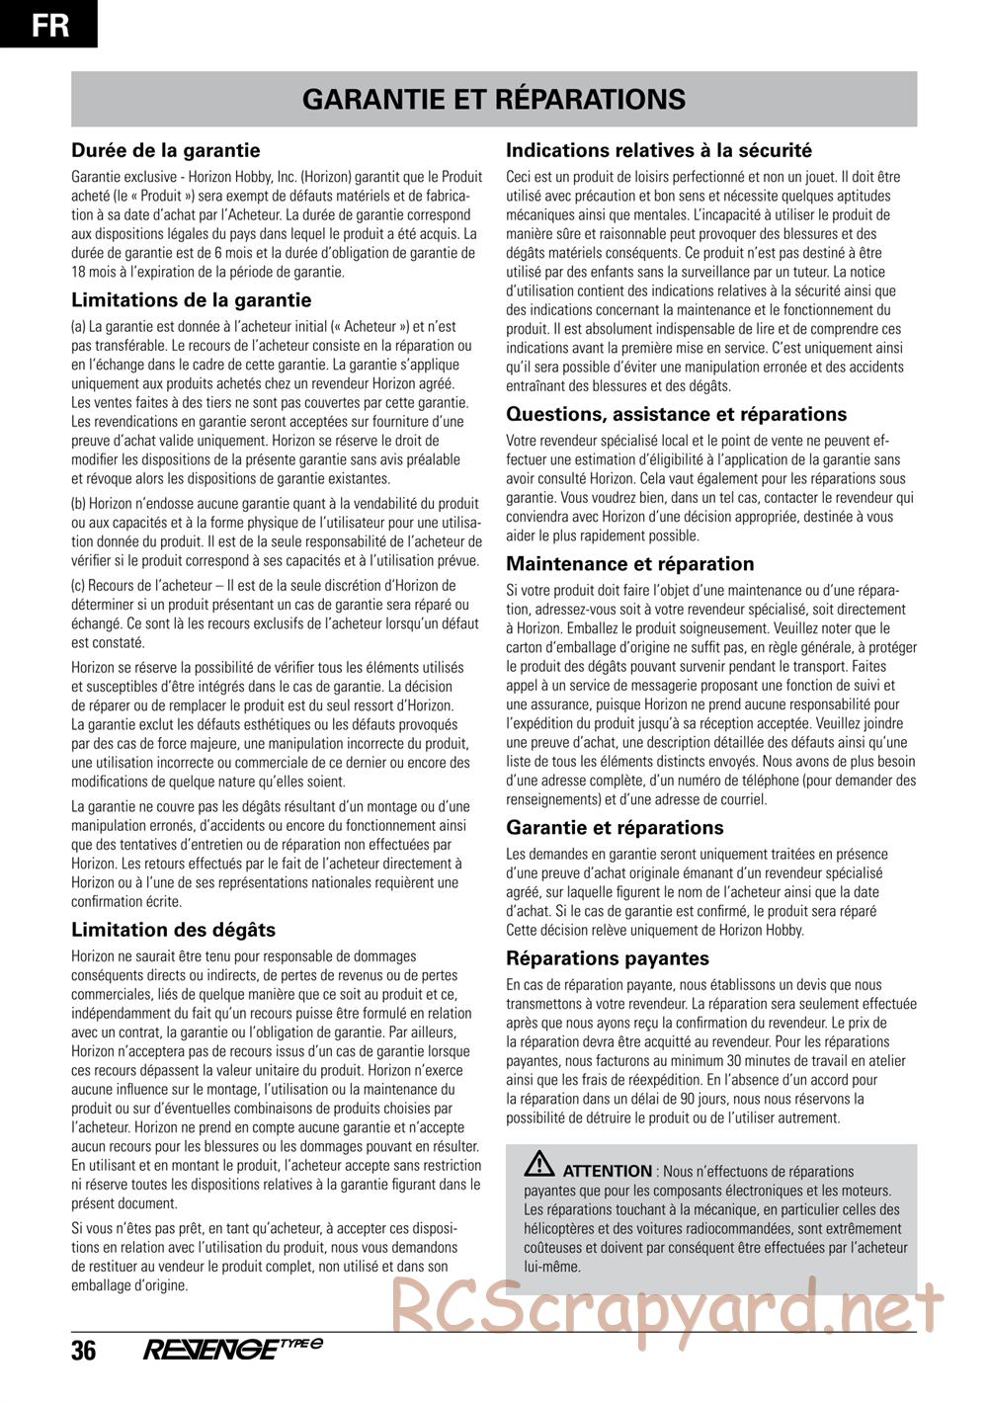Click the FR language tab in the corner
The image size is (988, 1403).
tap(49, 24)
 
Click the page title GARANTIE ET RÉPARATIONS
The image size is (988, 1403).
tap(494, 99)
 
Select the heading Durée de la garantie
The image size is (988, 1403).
tap(166, 151)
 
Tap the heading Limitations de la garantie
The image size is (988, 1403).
tap(191, 300)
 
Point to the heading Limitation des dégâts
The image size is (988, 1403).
tap(173, 930)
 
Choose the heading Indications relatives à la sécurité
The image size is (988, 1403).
tap(659, 151)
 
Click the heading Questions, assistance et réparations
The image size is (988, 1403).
tap(676, 414)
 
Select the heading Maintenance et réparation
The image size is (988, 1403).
tap(629, 564)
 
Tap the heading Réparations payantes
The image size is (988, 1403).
tap(608, 957)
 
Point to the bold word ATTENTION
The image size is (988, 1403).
tap(608, 1171)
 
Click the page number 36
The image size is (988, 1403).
tap(84, 1351)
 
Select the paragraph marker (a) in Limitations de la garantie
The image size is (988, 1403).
tap(78, 326)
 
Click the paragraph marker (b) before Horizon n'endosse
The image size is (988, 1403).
tap(78, 504)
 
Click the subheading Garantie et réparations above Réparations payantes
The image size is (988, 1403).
tap(615, 828)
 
